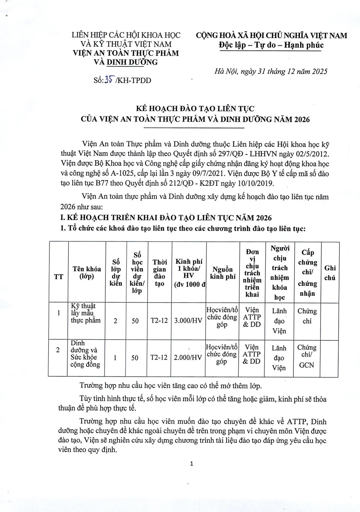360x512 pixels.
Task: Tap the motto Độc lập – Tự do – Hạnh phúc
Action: pos(271,45)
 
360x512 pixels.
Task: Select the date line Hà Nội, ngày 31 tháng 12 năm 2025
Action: pos(271,71)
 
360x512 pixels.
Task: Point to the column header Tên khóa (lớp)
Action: pos(87,272)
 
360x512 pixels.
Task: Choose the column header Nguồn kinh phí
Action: pos(222,273)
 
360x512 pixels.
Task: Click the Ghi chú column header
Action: pos(330,272)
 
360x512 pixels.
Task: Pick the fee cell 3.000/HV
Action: pos(188,320)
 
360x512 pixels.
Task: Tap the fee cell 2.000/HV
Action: pos(188,357)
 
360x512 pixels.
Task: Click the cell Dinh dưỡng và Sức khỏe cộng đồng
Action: pos(85,354)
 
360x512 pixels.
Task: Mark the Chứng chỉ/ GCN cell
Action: pos(307,356)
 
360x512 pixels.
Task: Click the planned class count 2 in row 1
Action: pos(115,320)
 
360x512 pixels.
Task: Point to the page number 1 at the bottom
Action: pos(192,463)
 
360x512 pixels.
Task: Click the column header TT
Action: pos(58,276)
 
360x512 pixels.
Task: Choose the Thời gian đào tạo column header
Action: pos(159,273)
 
